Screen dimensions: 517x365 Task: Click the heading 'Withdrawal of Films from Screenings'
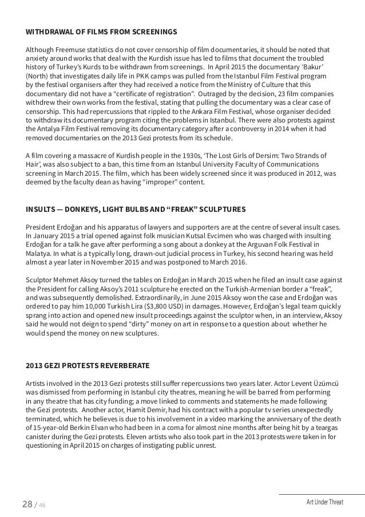(101, 30)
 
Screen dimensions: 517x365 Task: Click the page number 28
(26, 503)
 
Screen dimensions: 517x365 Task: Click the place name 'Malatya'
(41, 254)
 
